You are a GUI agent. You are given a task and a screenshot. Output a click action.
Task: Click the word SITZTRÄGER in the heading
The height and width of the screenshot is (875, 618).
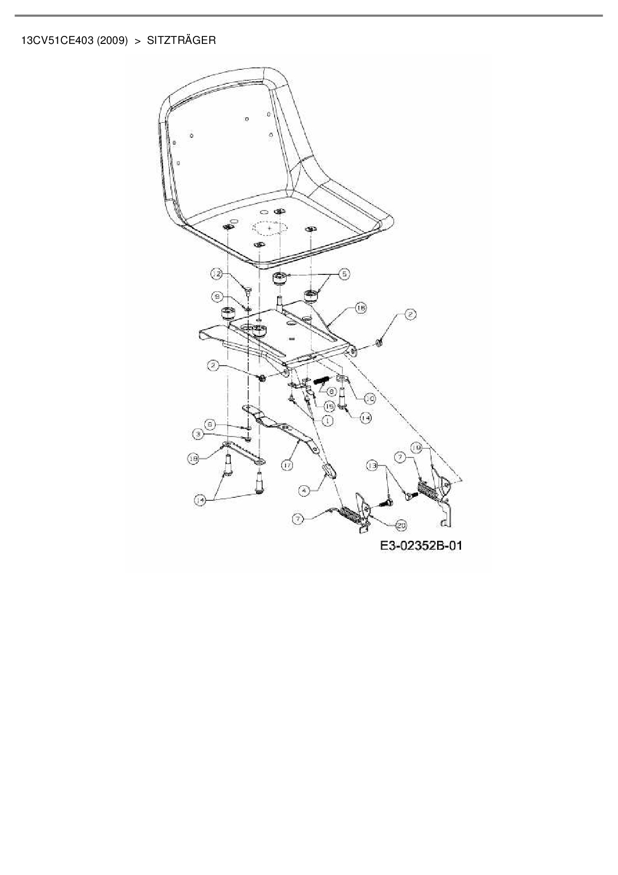point(181,40)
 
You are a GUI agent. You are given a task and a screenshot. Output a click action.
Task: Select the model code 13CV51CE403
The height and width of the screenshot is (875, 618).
point(57,40)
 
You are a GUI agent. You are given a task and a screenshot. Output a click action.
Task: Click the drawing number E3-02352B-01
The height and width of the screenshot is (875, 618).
point(421,546)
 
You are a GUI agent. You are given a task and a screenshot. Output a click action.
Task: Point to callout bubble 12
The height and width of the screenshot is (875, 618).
point(216,274)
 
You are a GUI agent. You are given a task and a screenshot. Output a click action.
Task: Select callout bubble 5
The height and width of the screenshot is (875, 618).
point(344,274)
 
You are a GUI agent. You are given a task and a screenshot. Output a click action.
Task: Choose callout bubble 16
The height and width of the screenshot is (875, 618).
point(360,308)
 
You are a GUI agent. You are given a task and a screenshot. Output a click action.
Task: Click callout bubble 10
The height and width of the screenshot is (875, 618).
point(369,399)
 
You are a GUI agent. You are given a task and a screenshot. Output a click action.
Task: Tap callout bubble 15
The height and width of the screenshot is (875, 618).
point(329,407)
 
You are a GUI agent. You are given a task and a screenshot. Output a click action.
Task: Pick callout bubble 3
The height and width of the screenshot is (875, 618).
point(199,435)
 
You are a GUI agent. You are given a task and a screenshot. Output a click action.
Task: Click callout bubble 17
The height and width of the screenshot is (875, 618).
point(287,465)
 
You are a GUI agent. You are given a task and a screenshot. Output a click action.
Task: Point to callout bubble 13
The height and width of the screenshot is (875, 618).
point(372,466)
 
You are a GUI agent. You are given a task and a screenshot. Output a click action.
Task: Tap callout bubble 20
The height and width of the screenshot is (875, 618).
point(401,525)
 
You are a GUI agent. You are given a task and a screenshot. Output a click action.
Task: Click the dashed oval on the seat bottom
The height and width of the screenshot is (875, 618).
point(270,228)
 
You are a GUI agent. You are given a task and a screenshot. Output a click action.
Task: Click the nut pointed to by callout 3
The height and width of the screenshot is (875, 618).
point(247,438)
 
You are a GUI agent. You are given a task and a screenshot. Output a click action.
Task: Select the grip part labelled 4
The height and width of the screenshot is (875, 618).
point(327,470)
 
